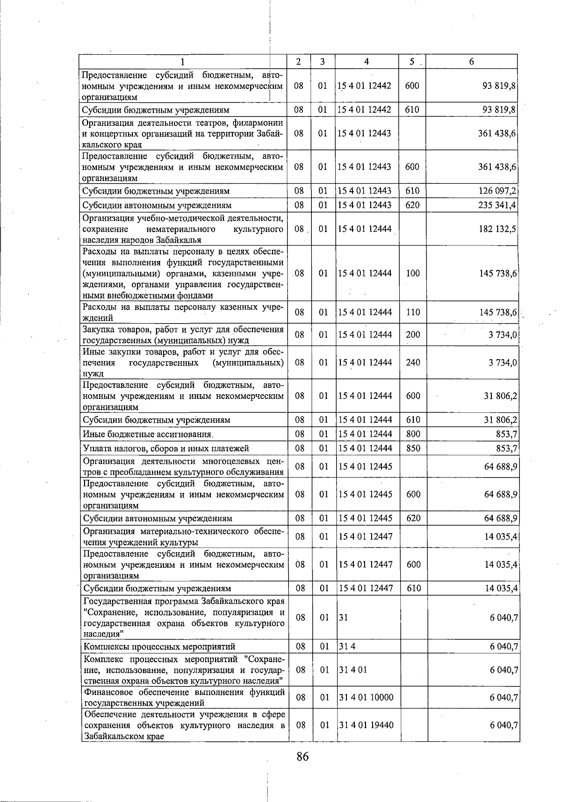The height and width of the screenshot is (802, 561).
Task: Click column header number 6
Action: pos(471,62)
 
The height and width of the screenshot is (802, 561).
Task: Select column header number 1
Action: pos(183,62)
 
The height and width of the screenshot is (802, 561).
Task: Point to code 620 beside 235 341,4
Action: pos(412,205)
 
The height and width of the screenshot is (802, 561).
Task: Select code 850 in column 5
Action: pos(413,448)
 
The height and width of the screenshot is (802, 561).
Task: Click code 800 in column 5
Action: pos(413,434)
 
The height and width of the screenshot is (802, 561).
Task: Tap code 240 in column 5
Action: pos(413,362)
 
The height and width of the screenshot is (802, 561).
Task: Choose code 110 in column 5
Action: pos(413,312)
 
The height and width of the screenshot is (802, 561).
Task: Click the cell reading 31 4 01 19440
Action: pos(367,725)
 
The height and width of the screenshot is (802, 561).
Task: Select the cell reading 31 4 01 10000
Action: pos(367,697)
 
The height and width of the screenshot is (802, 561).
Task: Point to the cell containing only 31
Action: pos(344,618)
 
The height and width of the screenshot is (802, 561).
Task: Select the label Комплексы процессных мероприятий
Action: pos(159,647)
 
